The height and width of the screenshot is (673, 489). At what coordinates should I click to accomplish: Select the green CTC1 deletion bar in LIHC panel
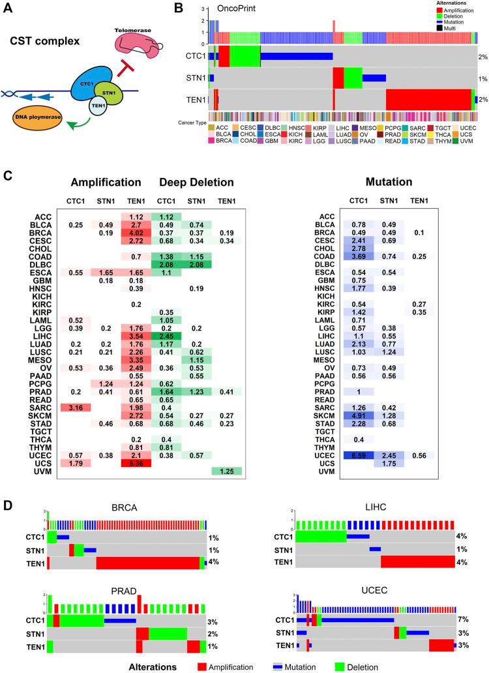tap(320, 536)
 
